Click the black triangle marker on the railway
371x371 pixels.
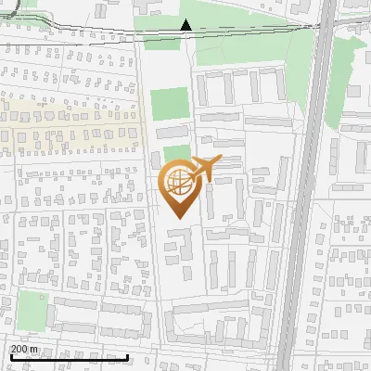click(x=185, y=25)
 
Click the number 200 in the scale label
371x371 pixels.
click(x=20, y=349)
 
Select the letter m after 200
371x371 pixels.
click(x=35, y=349)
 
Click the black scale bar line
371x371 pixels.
click(x=70, y=357)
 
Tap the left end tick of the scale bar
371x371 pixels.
click(x=11, y=355)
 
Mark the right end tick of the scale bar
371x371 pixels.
click(x=127, y=355)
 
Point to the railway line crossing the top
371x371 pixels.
click(x=93, y=36)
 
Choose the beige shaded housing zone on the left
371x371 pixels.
click(x=65, y=121)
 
